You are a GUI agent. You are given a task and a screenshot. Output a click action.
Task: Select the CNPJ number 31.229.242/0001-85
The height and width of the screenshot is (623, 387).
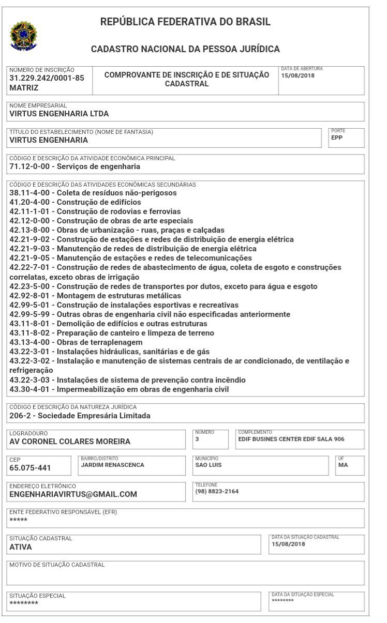click(47, 78)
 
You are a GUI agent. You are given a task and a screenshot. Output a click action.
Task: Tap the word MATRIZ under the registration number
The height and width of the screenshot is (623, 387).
click(24, 88)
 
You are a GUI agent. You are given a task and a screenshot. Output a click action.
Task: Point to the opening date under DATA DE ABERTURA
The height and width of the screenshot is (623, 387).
click(297, 75)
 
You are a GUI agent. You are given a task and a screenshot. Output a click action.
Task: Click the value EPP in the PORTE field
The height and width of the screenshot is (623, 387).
click(337, 138)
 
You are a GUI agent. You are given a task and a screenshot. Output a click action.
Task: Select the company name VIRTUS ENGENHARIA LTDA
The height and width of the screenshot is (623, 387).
click(59, 114)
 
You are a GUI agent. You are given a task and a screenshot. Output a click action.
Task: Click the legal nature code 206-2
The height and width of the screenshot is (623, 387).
click(20, 416)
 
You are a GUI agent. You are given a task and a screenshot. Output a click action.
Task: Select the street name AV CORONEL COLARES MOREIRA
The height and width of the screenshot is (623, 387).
click(70, 442)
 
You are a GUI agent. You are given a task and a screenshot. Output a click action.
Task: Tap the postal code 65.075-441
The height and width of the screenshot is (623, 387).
click(31, 468)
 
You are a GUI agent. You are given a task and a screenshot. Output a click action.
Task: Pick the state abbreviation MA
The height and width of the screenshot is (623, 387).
click(343, 465)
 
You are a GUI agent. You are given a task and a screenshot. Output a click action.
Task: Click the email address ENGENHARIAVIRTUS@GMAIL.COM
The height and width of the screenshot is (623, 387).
click(73, 494)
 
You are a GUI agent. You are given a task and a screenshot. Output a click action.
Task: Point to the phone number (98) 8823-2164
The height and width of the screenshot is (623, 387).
click(217, 491)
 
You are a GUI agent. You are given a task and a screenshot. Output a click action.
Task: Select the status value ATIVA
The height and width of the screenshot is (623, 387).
click(21, 546)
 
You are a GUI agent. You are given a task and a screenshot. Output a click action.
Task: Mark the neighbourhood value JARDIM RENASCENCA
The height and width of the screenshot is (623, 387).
click(112, 465)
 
